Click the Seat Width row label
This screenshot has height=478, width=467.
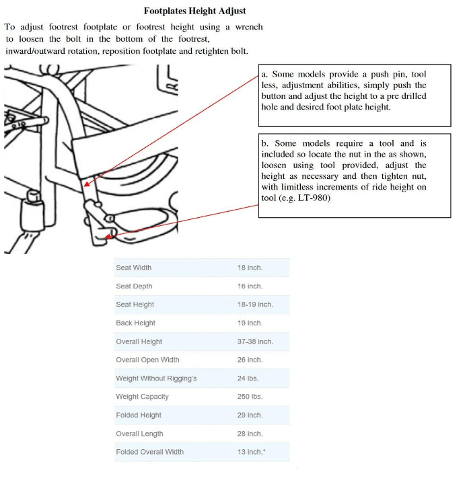coord(133,268)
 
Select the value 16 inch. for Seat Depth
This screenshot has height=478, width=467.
coord(250,286)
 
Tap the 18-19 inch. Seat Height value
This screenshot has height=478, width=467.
coord(255,305)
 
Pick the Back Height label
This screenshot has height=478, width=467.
coord(135,323)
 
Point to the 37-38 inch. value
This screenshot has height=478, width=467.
coord(255,342)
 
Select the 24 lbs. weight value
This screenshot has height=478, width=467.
coord(248,379)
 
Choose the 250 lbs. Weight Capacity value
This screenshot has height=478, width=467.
coord(250,397)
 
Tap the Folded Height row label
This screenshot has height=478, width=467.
coord(139,415)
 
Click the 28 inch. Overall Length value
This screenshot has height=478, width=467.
coord(250,434)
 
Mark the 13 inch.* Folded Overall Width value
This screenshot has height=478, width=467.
coord(251,452)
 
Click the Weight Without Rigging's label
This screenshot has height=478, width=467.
coord(156,379)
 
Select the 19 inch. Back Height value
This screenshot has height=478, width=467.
coord(250,323)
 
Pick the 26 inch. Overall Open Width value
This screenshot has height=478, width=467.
coord(250,360)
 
